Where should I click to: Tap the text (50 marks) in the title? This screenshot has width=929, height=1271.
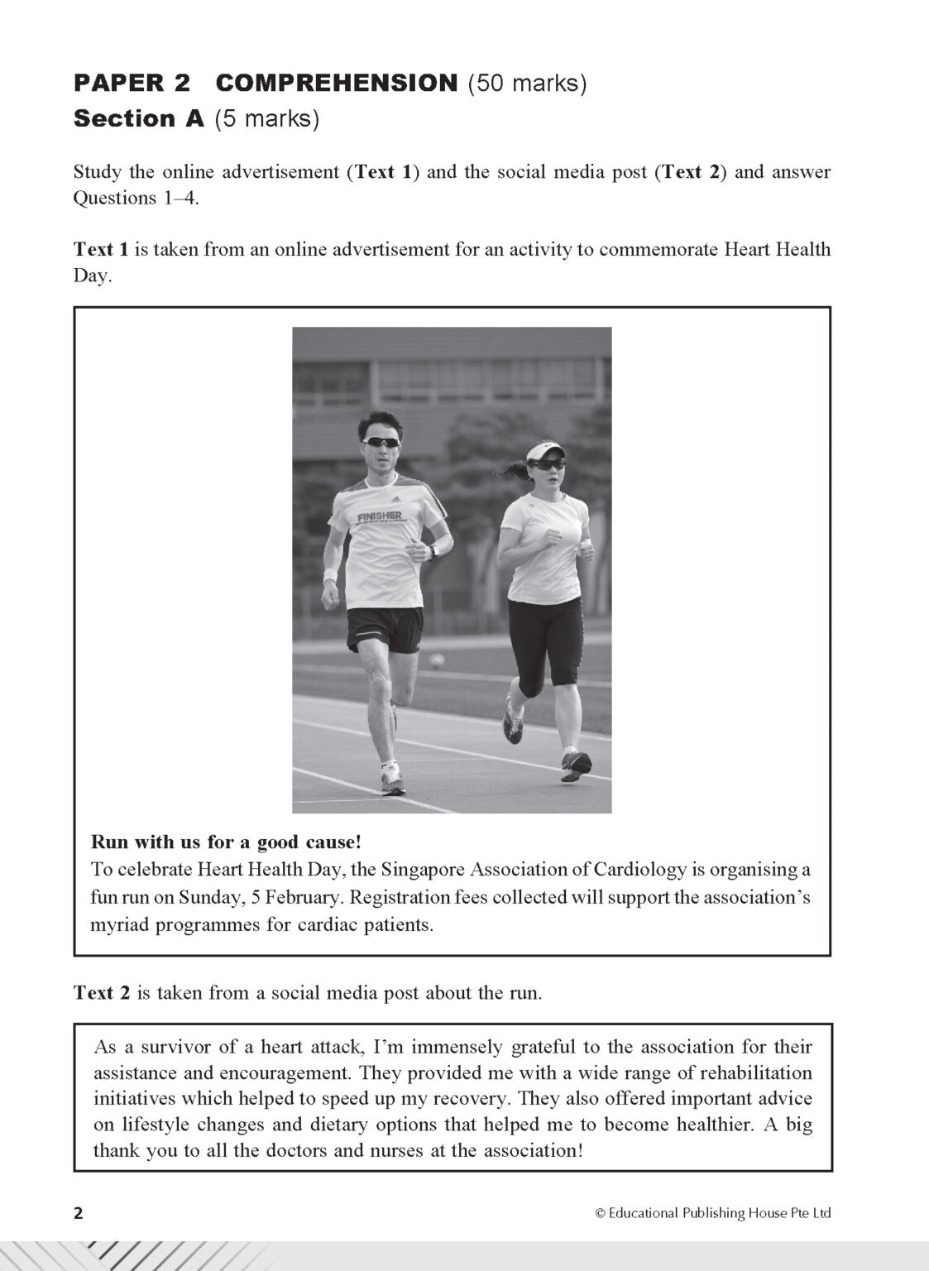527,83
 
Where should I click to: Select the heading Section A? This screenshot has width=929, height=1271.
138,119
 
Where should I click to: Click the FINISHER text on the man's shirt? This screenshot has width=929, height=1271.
380,517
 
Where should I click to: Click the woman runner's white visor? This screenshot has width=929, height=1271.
544,451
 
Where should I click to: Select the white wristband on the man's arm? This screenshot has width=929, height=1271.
330,575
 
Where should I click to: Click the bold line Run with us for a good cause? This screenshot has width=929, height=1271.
226,842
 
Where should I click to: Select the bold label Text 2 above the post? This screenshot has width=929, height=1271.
102,993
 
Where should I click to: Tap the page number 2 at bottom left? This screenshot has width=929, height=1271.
79,1214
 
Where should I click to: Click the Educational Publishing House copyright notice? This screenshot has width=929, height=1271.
712,1214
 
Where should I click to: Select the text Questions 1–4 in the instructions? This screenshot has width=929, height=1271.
136,199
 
